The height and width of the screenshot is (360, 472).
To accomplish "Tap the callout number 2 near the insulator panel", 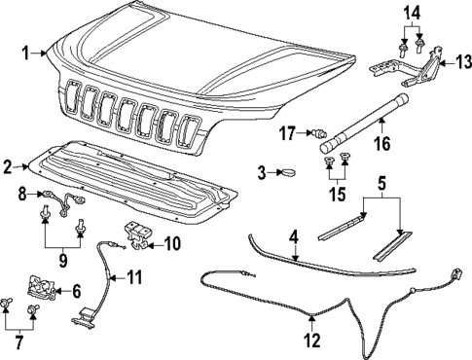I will coord(9,166).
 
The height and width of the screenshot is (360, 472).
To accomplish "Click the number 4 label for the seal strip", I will coord(293,235).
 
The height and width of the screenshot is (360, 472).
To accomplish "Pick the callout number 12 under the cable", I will coord(310,341).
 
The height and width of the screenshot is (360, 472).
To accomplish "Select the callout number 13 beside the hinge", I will coord(450,62).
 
